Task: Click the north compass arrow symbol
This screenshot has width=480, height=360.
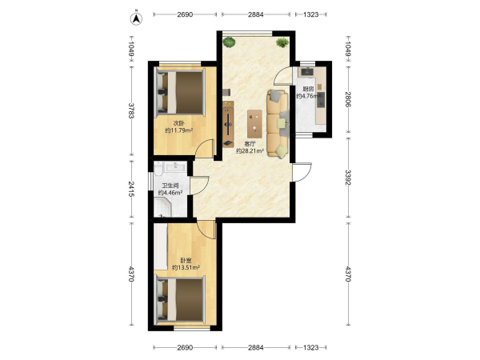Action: click(136, 19)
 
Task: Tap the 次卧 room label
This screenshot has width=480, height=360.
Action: click(178, 123)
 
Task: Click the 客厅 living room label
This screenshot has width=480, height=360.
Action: click(250, 143)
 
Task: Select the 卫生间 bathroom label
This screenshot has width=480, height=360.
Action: click(170, 186)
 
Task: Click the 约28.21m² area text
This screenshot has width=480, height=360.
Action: click(250, 150)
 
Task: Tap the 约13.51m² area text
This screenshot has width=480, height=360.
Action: click(186, 267)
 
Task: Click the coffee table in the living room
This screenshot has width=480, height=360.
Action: click(254, 124)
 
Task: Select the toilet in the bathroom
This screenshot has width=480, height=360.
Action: click(158, 168)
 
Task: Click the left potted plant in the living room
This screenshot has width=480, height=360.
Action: click(230, 42)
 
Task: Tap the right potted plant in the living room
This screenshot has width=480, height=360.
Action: click(282, 42)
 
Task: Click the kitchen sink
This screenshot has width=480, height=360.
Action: click(306, 72)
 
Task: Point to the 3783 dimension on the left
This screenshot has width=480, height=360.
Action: click(131, 110)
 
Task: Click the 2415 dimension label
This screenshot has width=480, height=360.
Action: click(131, 189)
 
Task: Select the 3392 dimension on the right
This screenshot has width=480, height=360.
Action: click(348, 178)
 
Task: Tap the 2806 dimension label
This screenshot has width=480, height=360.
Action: click(348, 99)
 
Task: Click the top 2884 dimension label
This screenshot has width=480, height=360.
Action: click(256, 14)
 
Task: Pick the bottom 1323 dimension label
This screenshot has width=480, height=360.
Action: click(311, 347)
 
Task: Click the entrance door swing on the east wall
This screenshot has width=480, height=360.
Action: click(302, 172)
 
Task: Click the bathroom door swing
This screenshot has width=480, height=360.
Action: click(199, 186)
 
